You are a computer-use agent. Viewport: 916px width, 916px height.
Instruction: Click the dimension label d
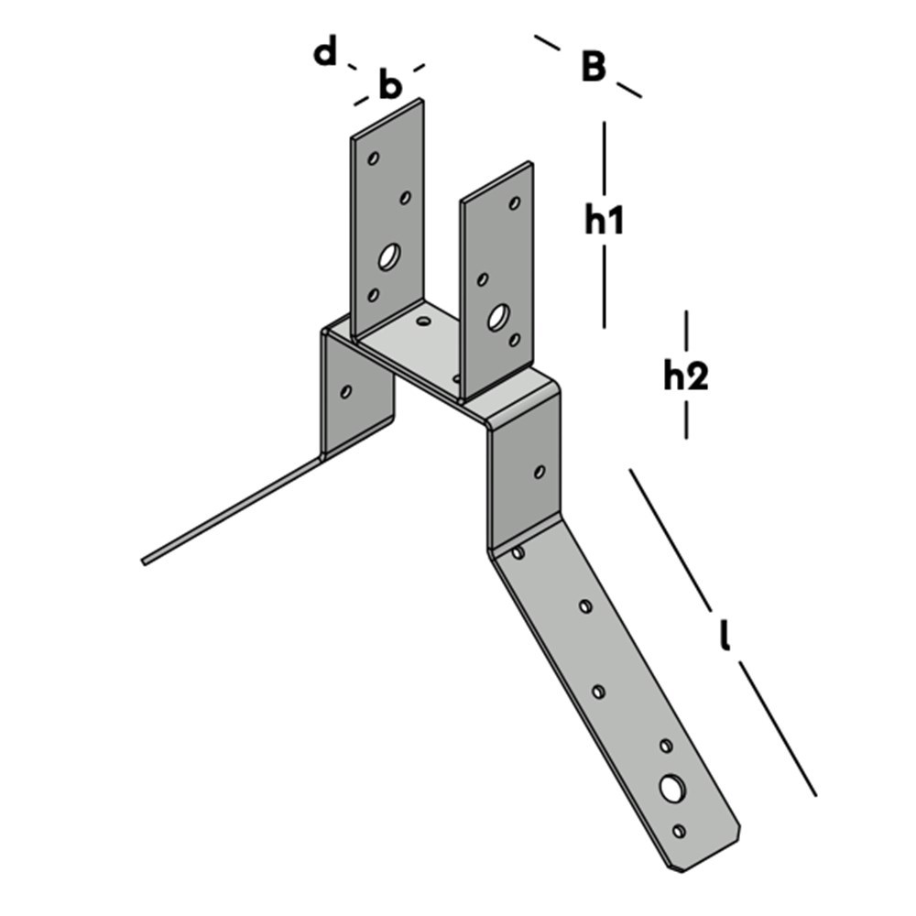pyautogui.click(x=325, y=53)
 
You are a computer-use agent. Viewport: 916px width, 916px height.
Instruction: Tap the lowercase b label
pyautogui.click(x=390, y=86)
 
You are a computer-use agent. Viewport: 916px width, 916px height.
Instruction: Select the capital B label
pyautogui.click(x=594, y=66)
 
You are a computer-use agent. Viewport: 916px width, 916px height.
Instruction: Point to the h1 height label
pyautogui.click(x=605, y=220)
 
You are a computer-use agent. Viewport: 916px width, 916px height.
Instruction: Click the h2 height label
pyautogui.click(x=686, y=376)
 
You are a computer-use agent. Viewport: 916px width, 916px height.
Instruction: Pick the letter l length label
pyautogui.click(x=725, y=635)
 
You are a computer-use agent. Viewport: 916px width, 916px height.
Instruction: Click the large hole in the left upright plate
pyautogui.click(x=388, y=257)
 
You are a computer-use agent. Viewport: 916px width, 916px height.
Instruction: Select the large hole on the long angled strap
pyautogui.click(x=672, y=788)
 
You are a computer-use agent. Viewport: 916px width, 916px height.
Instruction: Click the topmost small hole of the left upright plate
pyautogui.click(x=374, y=158)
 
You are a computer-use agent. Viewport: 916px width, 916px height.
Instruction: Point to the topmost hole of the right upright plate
pyautogui.click(x=515, y=203)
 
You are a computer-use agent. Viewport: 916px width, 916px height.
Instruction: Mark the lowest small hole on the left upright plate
pyautogui.click(x=373, y=295)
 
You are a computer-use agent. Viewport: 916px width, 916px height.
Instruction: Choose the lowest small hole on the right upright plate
pyautogui.click(x=515, y=340)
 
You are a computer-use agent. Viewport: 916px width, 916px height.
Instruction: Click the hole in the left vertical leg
pyautogui.click(x=345, y=392)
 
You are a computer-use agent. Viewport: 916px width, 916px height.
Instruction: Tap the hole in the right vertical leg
pyautogui.click(x=540, y=472)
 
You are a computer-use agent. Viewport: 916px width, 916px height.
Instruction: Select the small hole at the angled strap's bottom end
pyautogui.click(x=679, y=831)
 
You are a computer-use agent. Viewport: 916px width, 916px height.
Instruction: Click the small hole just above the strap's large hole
pyautogui.click(x=666, y=747)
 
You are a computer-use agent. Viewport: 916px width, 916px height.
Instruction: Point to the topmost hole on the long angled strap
pyautogui.click(x=518, y=552)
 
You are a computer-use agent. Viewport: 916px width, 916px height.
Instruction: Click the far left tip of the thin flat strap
pyautogui.click(x=145, y=561)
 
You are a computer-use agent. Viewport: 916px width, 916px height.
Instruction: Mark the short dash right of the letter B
pyautogui.click(x=628, y=89)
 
